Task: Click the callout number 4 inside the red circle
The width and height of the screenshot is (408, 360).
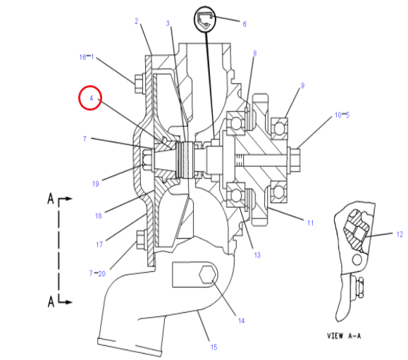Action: pyautogui.click(x=91, y=98)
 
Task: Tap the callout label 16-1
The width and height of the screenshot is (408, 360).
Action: pyautogui.click(x=87, y=56)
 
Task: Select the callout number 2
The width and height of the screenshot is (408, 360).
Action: pyautogui.click(x=136, y=21)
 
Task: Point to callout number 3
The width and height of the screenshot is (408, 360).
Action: pyautogui.click(x=168, y=23)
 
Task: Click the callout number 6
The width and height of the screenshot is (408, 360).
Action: pyautogui.click(x=245, y=24)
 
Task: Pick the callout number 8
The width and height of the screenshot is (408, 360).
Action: pyautogui.click(x=255, y=54)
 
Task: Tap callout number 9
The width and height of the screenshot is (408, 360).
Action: pyautogui.click(x=302, y=85)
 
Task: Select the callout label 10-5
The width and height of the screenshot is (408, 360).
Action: pyautogui.click(x=342, y=115)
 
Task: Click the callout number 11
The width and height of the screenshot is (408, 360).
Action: pyautogui.click(x=310, y=223)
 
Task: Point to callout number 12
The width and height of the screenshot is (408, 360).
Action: pyautogui.click(x=400, y=234)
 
